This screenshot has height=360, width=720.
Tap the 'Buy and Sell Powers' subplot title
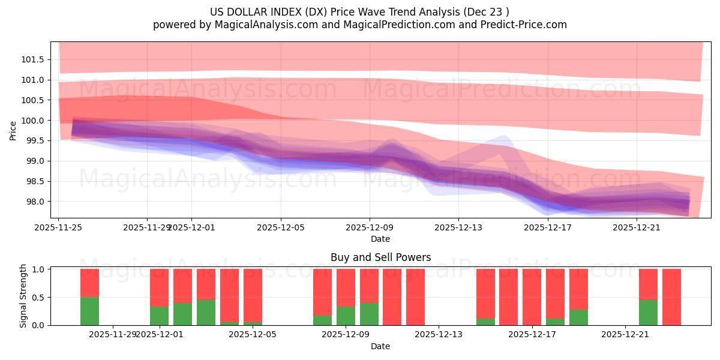click(x=380, y=257)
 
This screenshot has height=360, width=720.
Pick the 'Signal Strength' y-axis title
click(x=23, y=296)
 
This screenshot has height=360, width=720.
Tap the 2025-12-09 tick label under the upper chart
click(x=369, y=227)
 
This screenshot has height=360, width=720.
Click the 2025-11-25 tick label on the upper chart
click(x=58, y=227)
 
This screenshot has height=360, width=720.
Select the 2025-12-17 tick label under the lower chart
click(x=532, y=335)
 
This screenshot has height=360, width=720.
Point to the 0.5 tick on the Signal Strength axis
click(x=40, y=297)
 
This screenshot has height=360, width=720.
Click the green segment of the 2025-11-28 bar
click(x=89, y=311)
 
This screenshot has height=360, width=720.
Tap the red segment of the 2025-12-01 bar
click(x=159, y=287)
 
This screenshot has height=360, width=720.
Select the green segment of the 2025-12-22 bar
click(x=648, y=313)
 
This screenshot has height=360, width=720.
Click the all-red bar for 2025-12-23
click(x=671, y=297)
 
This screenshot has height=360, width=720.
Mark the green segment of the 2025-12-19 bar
click(x=578, y=317)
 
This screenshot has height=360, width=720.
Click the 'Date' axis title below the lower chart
click(x=380, y=346)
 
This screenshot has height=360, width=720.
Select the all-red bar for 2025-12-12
click(x=415, y=297)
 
